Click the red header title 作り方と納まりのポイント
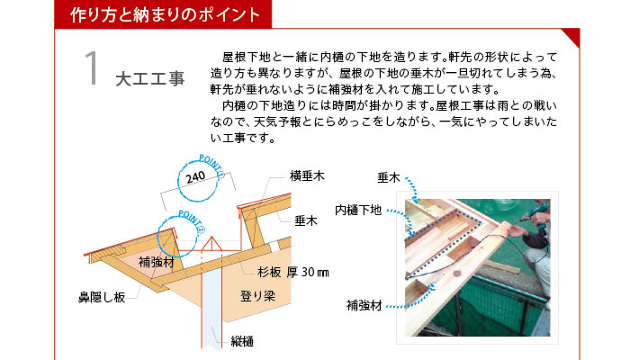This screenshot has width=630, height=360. pos(165,15)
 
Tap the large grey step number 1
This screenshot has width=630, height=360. pos(92,67)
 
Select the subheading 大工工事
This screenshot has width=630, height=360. pos(150,79)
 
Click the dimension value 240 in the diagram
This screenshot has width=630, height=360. pos(195,177)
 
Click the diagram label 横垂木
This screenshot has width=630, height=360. pos(307,176)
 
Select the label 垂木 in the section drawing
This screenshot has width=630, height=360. pos(306,220)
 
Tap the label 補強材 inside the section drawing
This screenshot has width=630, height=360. pos(157,263)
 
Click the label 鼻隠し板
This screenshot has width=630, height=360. pos(102,297)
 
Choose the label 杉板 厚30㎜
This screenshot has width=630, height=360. pos(293,273)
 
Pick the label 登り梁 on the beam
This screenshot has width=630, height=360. pos(257,296)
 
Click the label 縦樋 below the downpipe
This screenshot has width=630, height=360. pos(242,342)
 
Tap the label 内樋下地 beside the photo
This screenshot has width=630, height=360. pos(358,210)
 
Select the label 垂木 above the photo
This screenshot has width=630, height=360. pos(389,177)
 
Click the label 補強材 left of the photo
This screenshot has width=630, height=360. pos(364,306)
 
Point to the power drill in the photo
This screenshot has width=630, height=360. pos(535,213)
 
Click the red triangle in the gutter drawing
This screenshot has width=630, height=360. pos(211,244)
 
